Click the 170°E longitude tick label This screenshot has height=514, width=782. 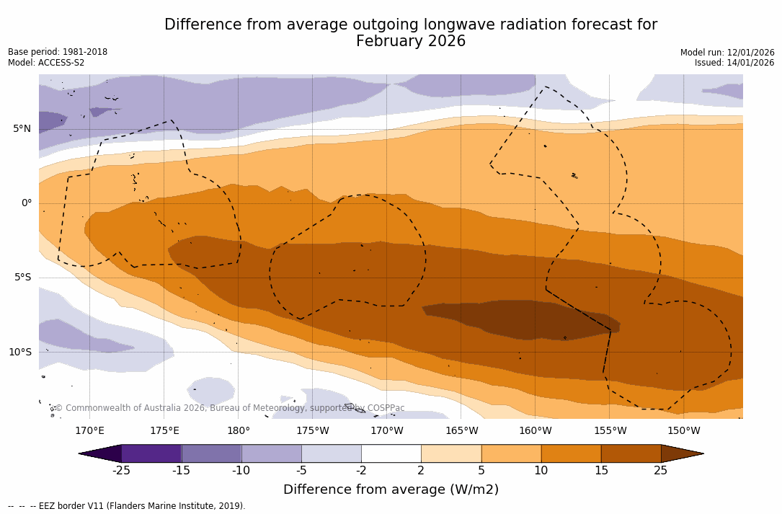point(89,431)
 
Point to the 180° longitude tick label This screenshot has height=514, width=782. point(238,431)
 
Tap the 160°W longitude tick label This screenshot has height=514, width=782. point(535,431)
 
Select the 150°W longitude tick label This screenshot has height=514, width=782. point(683,431)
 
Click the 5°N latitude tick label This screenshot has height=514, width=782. point(22,129)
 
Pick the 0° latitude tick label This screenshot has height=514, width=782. point(26,203)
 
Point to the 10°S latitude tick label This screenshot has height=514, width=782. point(19,352)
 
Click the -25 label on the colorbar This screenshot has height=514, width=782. point(121,471)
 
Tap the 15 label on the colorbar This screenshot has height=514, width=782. point(600,471)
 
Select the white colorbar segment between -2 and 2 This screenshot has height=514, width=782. point(391,453)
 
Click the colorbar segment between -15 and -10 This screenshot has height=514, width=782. point(211,453)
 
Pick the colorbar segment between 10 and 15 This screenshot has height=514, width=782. point(571,453)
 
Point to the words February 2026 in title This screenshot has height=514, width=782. point(411,41)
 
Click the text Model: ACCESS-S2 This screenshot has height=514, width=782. point(46,63)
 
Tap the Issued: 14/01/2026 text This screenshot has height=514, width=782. point(734,63)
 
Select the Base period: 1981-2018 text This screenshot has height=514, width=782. point(58,52)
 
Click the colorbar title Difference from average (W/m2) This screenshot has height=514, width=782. point(391,489)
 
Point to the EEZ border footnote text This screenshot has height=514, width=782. point(127,506)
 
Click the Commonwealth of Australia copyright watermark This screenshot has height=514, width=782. point(229,408)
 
